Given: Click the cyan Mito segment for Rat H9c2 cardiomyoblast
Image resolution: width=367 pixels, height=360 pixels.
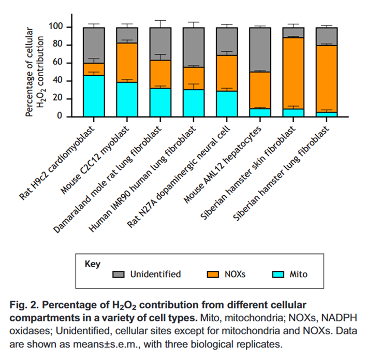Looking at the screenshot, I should pos(93,96).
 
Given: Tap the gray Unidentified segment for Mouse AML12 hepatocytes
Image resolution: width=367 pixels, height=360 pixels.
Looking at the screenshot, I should pos(260,49).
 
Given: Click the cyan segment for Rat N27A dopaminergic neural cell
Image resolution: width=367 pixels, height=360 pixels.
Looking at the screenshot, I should pos(227,104).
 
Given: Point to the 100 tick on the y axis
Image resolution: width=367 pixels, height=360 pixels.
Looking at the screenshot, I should pos(75,27).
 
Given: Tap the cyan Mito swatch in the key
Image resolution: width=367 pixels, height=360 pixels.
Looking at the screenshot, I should pos(276,274).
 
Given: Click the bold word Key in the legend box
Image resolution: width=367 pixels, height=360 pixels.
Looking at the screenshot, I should pos(93,263).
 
